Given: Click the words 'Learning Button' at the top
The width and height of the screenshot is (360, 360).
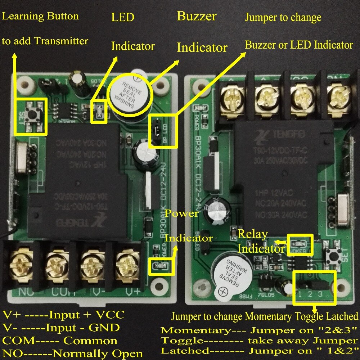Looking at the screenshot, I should click(40, 16).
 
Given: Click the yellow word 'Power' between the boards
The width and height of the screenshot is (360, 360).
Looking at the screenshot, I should click(182, 213).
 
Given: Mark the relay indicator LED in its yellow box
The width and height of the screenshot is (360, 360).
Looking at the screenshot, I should click(300, 244).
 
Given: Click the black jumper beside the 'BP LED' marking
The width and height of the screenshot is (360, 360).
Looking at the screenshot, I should click(157, 132).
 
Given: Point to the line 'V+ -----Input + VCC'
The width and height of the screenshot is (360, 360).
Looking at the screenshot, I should click(63, 315).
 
